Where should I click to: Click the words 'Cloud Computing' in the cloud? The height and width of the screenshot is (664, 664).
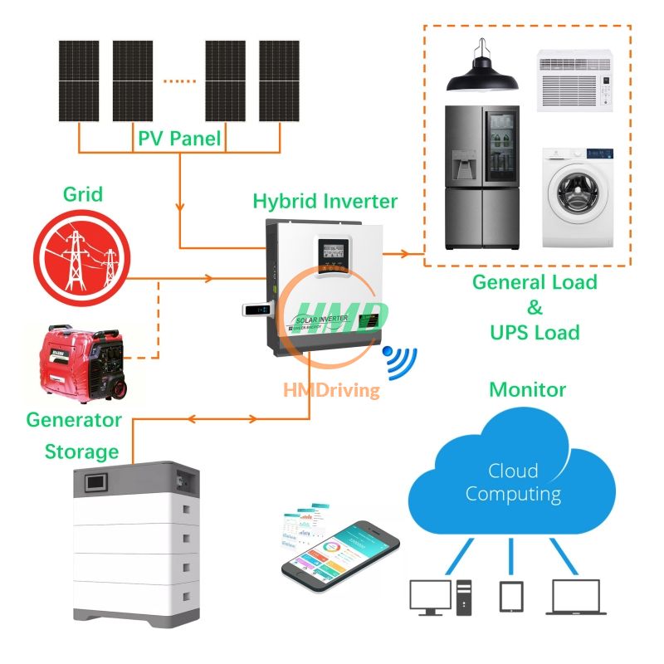point(512,482)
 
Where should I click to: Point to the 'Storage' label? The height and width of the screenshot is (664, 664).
point(81,452)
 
